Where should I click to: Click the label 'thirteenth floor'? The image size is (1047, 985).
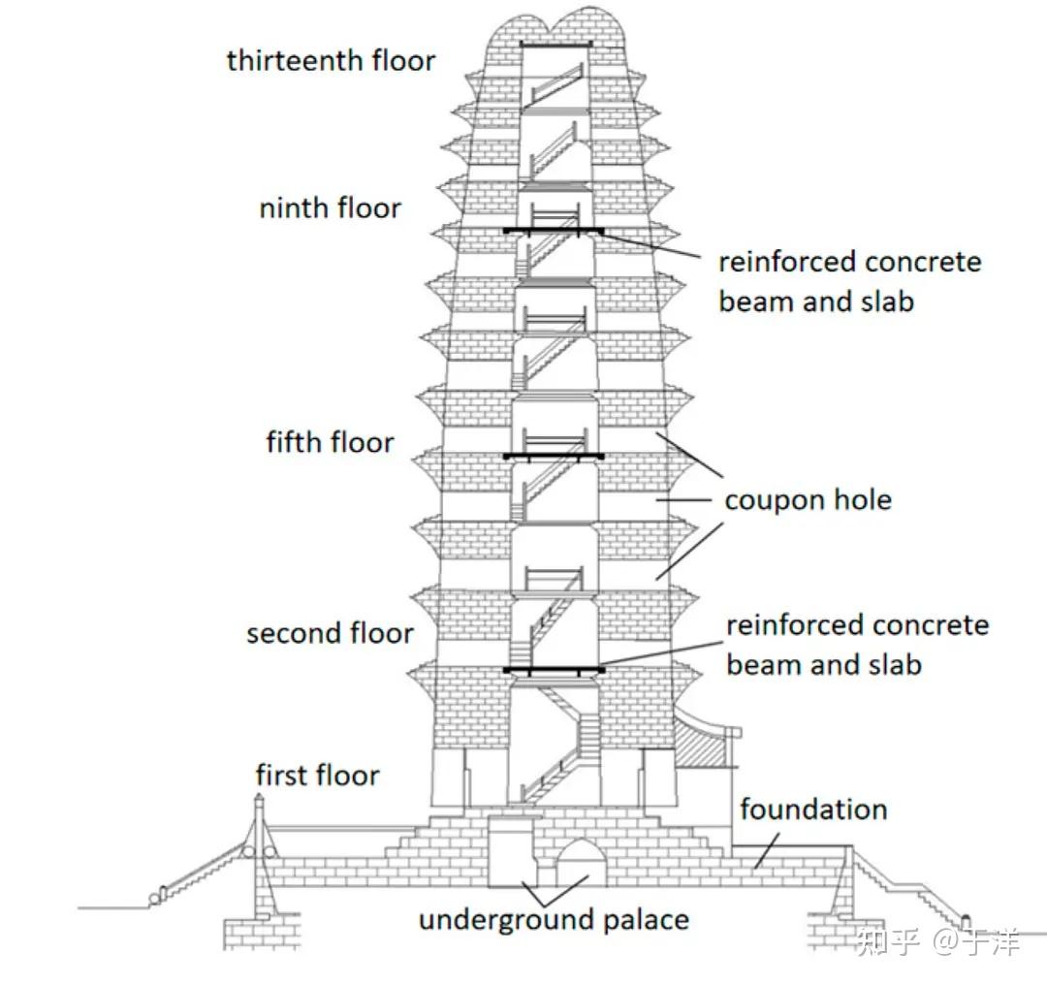point(331,60)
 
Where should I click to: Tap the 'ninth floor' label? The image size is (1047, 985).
point(330,207)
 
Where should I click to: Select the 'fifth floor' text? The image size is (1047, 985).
point(330,443)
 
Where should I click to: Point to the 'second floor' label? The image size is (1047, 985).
point(330,633)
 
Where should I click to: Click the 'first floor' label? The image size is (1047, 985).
point(317,775)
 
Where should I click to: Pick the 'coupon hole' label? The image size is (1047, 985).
point(808,500)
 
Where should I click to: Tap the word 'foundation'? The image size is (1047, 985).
point(813,809)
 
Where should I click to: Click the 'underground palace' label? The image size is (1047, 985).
point(554,919)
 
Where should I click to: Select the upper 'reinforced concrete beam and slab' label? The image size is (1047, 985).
point(849,281)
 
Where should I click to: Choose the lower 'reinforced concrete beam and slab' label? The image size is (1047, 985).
point(857,645)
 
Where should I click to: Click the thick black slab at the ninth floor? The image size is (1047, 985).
point(554,231)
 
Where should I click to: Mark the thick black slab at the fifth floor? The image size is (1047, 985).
point(554,456)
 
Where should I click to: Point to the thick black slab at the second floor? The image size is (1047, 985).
point(554,670)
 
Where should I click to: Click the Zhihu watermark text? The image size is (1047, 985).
point(937,941)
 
